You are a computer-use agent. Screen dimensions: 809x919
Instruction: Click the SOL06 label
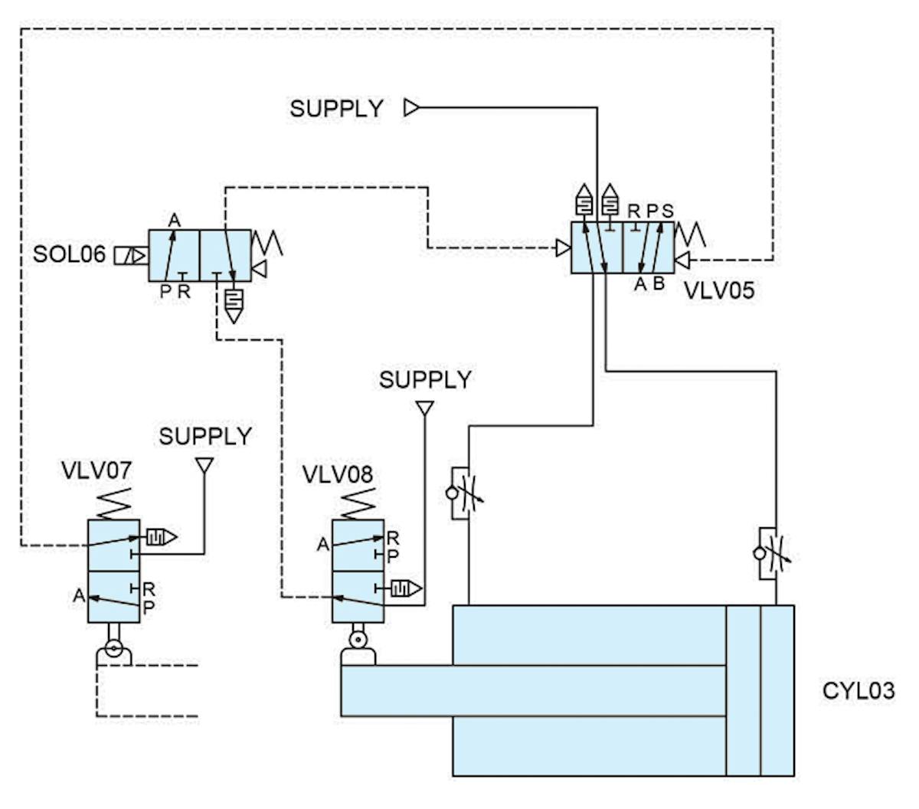click(x=69, y=254)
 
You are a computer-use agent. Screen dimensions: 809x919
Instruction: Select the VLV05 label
click(x=718, y=290)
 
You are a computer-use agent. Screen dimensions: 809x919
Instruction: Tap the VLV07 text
click(x=96, y=470)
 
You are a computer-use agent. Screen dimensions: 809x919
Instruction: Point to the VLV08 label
click(x=338, y=474)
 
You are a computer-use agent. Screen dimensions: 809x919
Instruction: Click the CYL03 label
click(x=858, y=690)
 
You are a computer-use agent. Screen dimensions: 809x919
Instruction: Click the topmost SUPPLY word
click(x=336, y=109)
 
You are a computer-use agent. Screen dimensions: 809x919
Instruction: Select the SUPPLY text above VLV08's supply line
click(x=425, y=379)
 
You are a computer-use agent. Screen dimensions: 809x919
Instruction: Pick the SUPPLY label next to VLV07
click(x=204, y=437)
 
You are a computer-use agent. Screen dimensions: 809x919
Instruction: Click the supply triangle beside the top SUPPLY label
click(x=411, y=108)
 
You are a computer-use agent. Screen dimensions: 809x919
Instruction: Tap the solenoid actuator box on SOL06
click(x=129, y=256)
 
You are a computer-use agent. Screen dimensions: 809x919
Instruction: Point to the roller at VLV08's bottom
click(x=357, y=638)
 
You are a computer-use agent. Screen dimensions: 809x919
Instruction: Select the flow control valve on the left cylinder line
click(x=463, y=493)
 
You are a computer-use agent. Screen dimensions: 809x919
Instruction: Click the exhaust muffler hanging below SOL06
click(x=234, y=303)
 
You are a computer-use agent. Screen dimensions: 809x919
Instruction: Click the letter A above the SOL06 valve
click(x=174, y=221)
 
